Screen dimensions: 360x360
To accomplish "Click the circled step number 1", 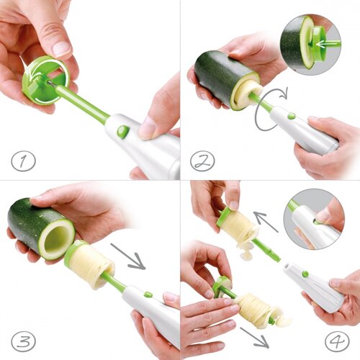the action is pos(23,161).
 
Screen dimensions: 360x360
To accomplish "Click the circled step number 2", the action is pos(202,161).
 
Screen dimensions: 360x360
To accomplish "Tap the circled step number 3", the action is pos(23,341).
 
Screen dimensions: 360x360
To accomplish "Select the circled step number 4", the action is pos(337,341).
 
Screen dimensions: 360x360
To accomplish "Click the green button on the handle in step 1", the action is pos(123,132).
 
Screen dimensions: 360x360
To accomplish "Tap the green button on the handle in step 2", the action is pos(291,116).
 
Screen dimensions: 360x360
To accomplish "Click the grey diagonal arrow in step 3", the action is pos(128,256).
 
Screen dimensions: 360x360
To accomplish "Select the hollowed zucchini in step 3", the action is pos(41,229).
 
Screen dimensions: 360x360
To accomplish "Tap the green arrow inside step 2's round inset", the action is pos(328,44).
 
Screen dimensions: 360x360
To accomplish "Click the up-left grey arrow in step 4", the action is pos(266,222).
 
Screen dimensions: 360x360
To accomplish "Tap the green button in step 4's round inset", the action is pos(318,222).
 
